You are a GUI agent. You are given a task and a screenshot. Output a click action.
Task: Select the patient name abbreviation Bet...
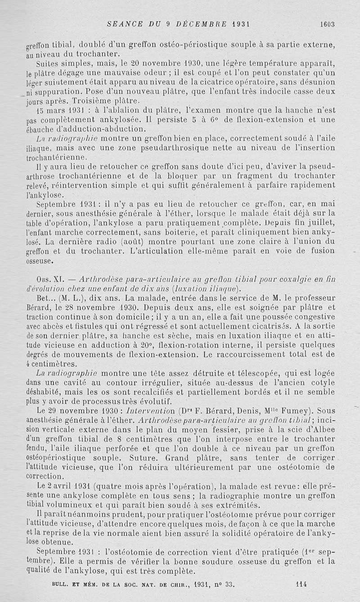click(x=46, y=299)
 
